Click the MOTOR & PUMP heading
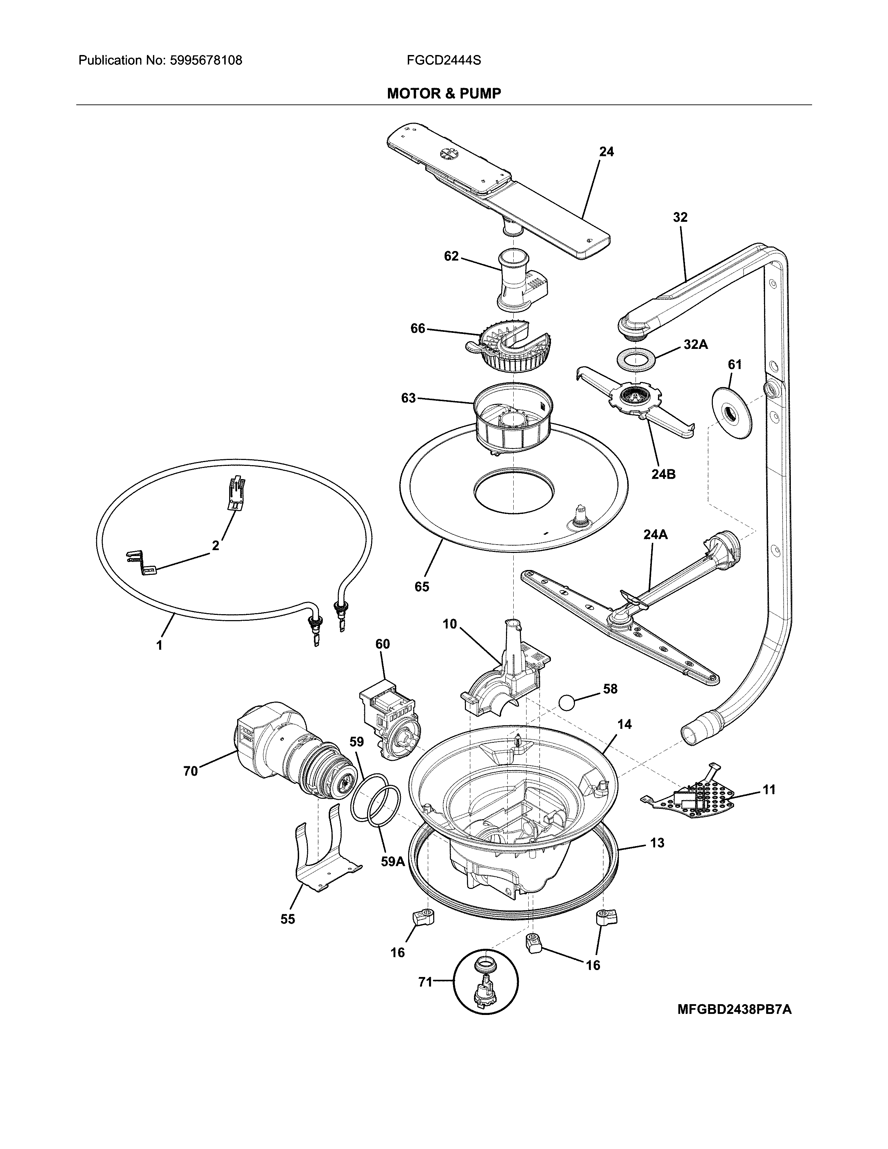click(x=444, y=94)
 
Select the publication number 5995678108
click(x=206, y=61)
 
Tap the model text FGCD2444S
click(x=443, y=61)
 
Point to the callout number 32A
click(x=695, y=345)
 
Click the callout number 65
click(x=422, y=587)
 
